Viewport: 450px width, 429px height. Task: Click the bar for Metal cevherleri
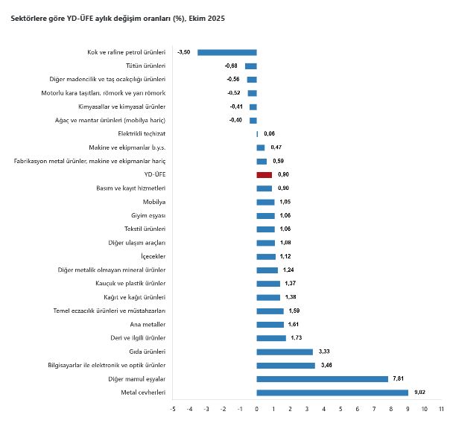[332, 393]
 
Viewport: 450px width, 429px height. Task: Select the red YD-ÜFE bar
[264, 174]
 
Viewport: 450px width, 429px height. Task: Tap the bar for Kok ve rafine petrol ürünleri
[227, 52]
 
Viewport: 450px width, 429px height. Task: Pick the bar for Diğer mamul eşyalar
[323, 379]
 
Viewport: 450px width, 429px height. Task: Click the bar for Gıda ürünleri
[285, 352]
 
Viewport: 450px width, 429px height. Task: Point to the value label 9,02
[421, 393]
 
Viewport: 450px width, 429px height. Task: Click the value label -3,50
[184, 52]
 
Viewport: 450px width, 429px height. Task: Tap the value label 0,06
[270, 134]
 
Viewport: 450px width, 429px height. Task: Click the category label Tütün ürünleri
[146, 66]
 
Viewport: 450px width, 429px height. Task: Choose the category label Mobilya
[154, 202]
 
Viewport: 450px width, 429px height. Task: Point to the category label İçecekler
[153, 256]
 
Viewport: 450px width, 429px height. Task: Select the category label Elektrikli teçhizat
[142, 134]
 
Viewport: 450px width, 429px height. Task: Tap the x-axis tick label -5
[172, 409]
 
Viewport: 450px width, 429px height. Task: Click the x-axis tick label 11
[441, 409]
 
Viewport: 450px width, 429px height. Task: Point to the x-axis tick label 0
[256, 409]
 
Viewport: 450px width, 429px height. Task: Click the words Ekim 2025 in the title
[205, 17]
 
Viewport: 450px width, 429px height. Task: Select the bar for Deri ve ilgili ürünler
[271, 338]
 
